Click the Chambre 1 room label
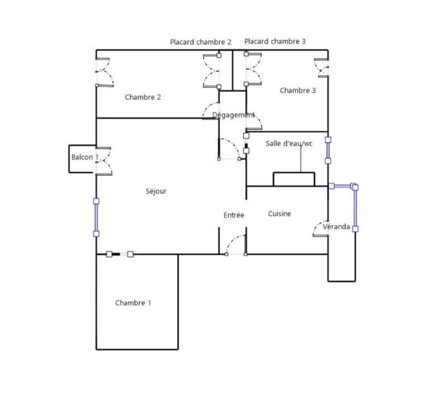point(133,303)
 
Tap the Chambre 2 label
point(143,97)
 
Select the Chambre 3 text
point(298,91)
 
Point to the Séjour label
point(156,191)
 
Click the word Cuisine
point(279,214)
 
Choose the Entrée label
point(234,216)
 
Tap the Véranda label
point(336,226)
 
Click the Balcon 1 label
point(85,157)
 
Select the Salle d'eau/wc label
point(289,143)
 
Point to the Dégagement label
point(234,115)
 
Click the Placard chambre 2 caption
point(201,42)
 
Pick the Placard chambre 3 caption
point(275,41)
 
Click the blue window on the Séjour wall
point(96,218)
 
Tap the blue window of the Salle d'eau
point(328,150)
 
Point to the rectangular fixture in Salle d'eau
point(294,179)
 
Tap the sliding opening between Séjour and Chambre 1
point(120,254)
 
